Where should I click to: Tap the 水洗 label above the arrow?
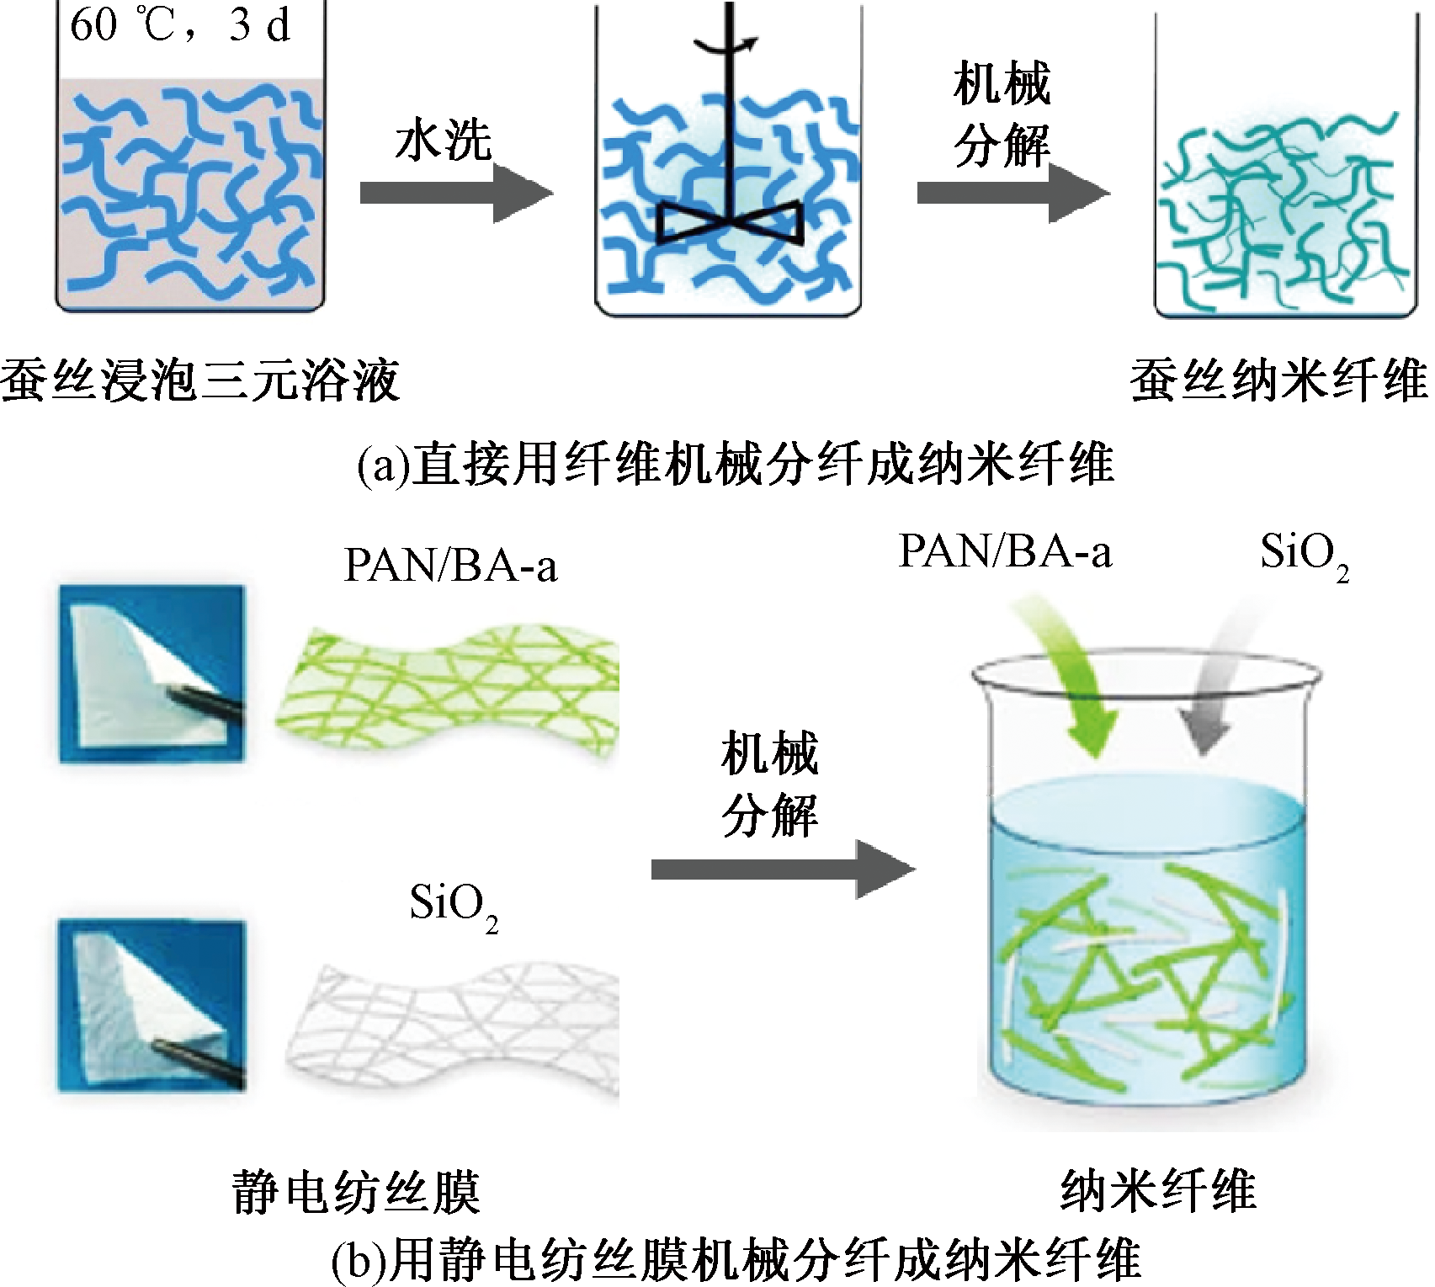(x=443, y=141)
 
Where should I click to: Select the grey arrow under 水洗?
(x=455, y=194)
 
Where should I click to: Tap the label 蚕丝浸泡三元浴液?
(x=199, y=380)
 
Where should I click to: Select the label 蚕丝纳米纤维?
(x=1278, y=380)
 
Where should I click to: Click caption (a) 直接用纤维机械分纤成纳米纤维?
(x=735, y=464)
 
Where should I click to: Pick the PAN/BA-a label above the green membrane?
(x=450, y=567)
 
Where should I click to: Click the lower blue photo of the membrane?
(x=151, y=1004)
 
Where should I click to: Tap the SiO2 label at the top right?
(x=1304, y=556)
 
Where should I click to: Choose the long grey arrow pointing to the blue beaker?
(x=782, y=869)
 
